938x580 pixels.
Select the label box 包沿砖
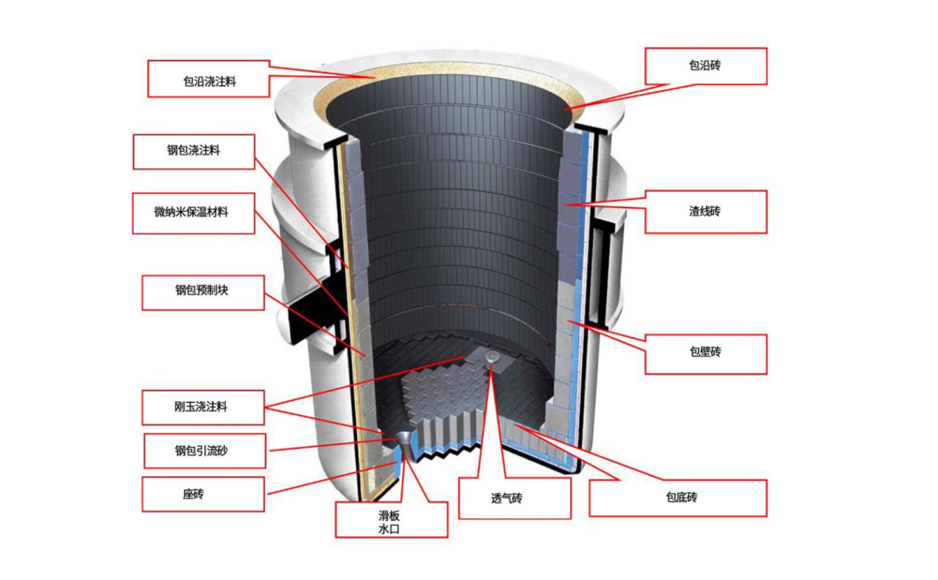click(705, 66)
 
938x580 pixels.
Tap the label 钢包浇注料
click(194, 151)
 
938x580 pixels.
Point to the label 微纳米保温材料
click(193, 213)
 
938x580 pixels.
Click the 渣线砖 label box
click(705, 212)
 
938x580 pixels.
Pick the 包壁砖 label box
click(705, 353)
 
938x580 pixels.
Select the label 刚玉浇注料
click(201, 406)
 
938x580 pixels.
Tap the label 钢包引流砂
click(201, 451)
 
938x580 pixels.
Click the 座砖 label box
click(201, 493)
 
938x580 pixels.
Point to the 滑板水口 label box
click(391, 520)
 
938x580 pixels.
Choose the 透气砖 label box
click(514, 499)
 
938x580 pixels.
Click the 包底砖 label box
click(677, 498)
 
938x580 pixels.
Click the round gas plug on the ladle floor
click(492, 356)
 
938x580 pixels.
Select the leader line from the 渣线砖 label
click(608, 206)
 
